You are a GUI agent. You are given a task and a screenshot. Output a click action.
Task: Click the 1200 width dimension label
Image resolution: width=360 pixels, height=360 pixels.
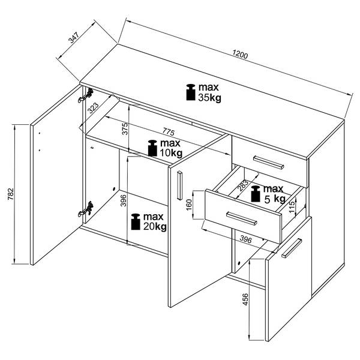(x=240, y=55)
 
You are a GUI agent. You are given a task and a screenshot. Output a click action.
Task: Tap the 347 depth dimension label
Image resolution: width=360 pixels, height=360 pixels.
(x=74, y=38)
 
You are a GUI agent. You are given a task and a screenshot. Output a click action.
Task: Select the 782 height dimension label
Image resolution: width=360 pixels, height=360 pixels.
(x=11, y=194)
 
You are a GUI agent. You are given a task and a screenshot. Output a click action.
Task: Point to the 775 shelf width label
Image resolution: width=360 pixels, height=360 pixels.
(x=169, y=131)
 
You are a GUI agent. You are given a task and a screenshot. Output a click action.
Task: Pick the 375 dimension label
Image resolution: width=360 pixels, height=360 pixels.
(x=125, y=129)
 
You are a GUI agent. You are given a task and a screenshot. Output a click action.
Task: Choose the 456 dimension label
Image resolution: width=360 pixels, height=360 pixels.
(x=245, y=299)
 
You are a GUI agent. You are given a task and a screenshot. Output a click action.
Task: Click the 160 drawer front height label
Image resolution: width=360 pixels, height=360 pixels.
(x=189, y=205)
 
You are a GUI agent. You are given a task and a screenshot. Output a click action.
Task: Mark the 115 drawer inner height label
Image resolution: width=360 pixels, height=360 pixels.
(x=292, y=207)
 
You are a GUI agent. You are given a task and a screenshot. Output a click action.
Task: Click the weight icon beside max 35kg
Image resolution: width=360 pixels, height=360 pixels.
(x=191, y=92)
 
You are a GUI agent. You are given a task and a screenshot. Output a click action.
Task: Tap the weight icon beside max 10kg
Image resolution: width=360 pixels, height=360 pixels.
(x=152, y=148)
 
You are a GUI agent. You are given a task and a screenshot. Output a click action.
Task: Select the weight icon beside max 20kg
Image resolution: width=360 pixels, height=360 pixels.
(x=136, y=222)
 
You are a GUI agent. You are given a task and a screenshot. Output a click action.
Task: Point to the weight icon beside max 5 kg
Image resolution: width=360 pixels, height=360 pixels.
(x=256, y=194)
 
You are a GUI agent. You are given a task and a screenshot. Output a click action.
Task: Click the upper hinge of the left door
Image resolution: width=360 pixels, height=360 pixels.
(x=86, y=95)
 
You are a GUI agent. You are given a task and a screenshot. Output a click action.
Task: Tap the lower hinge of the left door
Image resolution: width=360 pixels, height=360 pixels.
(x=86, y=209)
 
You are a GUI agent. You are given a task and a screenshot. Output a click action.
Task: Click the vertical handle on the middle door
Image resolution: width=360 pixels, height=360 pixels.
(x=179, y=185)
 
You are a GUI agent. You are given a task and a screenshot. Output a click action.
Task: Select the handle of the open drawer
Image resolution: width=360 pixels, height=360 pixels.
(x=242, y=218)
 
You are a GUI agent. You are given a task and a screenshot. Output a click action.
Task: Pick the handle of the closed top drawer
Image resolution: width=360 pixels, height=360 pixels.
(x=268, y=163)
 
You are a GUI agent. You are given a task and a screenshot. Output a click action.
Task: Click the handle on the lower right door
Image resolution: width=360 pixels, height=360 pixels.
(x=292, y=248)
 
